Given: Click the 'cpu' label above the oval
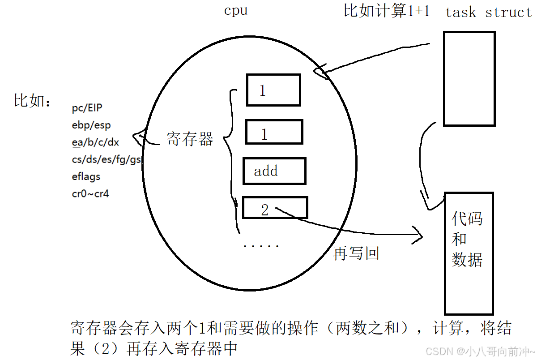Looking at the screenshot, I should (x=235, y=11).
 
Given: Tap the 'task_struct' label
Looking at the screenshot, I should (x=488, y=13).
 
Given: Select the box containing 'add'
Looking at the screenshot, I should (x=274, y=171).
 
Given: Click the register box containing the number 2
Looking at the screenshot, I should (x=275, y=208).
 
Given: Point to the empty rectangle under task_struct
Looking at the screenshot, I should (x=469, y=78).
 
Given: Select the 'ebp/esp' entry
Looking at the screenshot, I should (x=91, y=125).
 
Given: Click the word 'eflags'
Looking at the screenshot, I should (x=86, y=176).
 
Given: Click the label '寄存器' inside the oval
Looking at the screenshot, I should (x=190, y=139).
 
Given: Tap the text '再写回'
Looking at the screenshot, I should (x=356, y=253).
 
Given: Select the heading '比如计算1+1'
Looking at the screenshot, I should (x=387, y=11).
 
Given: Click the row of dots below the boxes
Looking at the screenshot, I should (x=261, y=246).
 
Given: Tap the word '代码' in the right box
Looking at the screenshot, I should (x=467, y=219).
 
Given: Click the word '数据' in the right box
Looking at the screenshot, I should (x=467, y=259).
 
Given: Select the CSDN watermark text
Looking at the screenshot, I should (x=480, y=351).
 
